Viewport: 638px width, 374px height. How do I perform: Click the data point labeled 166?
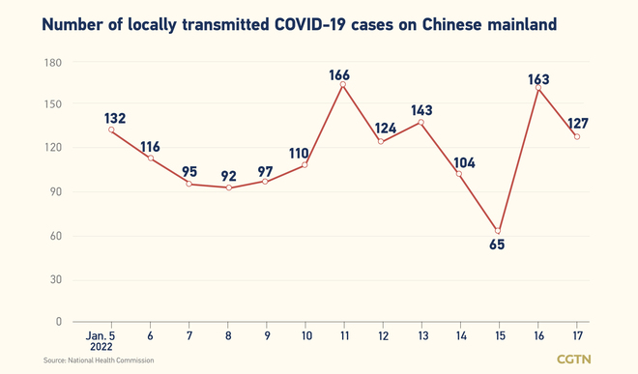point(343,84)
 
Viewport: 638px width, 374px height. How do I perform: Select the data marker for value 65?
point(499,231)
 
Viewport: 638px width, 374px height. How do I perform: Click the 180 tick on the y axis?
point(51,63)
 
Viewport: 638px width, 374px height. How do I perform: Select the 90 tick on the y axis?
point(54,192)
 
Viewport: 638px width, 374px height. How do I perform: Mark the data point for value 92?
point(228,187)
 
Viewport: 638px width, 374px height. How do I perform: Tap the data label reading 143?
point(422,110)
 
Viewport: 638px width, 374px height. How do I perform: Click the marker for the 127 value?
point(577,136)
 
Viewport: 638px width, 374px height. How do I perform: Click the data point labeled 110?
point(305,164)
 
